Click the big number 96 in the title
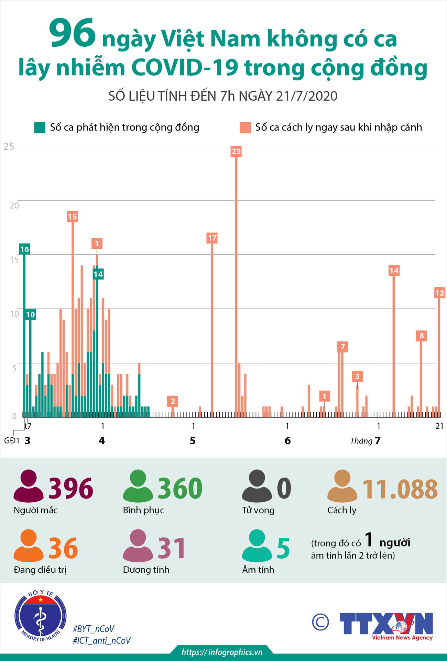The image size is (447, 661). coord(72,33)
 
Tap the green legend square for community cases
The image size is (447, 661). coord(40,127)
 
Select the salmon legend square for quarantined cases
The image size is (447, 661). coord(245,127)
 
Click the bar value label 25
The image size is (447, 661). coord(236,151)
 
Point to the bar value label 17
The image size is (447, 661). coord(212,238)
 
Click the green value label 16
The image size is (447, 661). coord(24,249)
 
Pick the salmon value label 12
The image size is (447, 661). coord(439,293)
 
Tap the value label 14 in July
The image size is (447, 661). coord(394,271)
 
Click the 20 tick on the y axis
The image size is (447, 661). coord(14,206)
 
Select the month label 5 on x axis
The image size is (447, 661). coord(193,441)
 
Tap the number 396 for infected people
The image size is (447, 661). coord(71,488)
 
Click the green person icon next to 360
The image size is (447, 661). coord(138,486)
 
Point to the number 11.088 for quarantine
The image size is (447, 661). coord(400,489)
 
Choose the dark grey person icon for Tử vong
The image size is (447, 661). coord(257,486)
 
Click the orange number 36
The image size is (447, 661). coord(63,548)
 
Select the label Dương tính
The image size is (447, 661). coord(146,570)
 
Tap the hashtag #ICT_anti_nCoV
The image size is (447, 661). coord(102,640)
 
